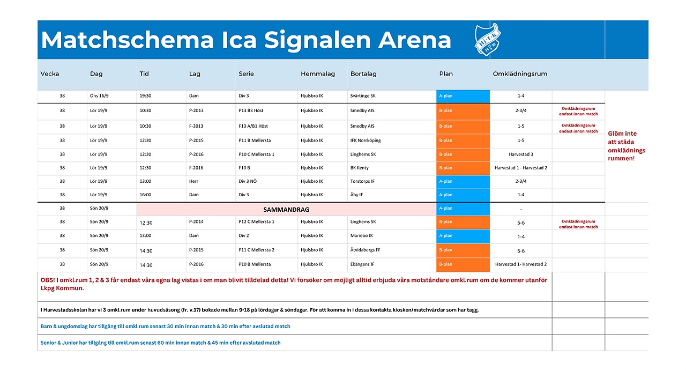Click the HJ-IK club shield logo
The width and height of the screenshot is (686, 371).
[488, 40]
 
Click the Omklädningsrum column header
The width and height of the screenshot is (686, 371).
[520, 74]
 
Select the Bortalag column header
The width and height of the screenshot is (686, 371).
[363, 74]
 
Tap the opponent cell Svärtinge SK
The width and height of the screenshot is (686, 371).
[363, 96]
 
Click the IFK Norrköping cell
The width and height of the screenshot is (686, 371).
[366, 140]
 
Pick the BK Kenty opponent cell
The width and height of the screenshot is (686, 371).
[359, 168]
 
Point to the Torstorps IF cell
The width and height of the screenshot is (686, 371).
[362, 181]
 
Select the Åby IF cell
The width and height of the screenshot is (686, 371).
[356, 195]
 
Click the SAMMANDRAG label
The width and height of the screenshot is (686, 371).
[286, 210]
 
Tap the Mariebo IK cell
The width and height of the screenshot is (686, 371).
[361, 235]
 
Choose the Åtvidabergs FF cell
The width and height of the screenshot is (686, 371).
[365, 250]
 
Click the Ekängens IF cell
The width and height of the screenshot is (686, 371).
[362, 264]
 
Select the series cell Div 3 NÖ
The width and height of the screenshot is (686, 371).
[248, 181]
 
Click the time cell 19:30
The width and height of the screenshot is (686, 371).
[145, 96]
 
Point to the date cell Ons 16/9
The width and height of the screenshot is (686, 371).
[99, 96]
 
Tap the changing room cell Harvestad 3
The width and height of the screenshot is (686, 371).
[520, 154]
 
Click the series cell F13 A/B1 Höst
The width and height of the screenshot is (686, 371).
[253, 126]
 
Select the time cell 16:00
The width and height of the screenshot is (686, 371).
[145, 195]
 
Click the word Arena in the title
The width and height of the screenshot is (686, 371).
[414, 40]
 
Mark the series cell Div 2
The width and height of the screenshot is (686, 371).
[243, 235]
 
